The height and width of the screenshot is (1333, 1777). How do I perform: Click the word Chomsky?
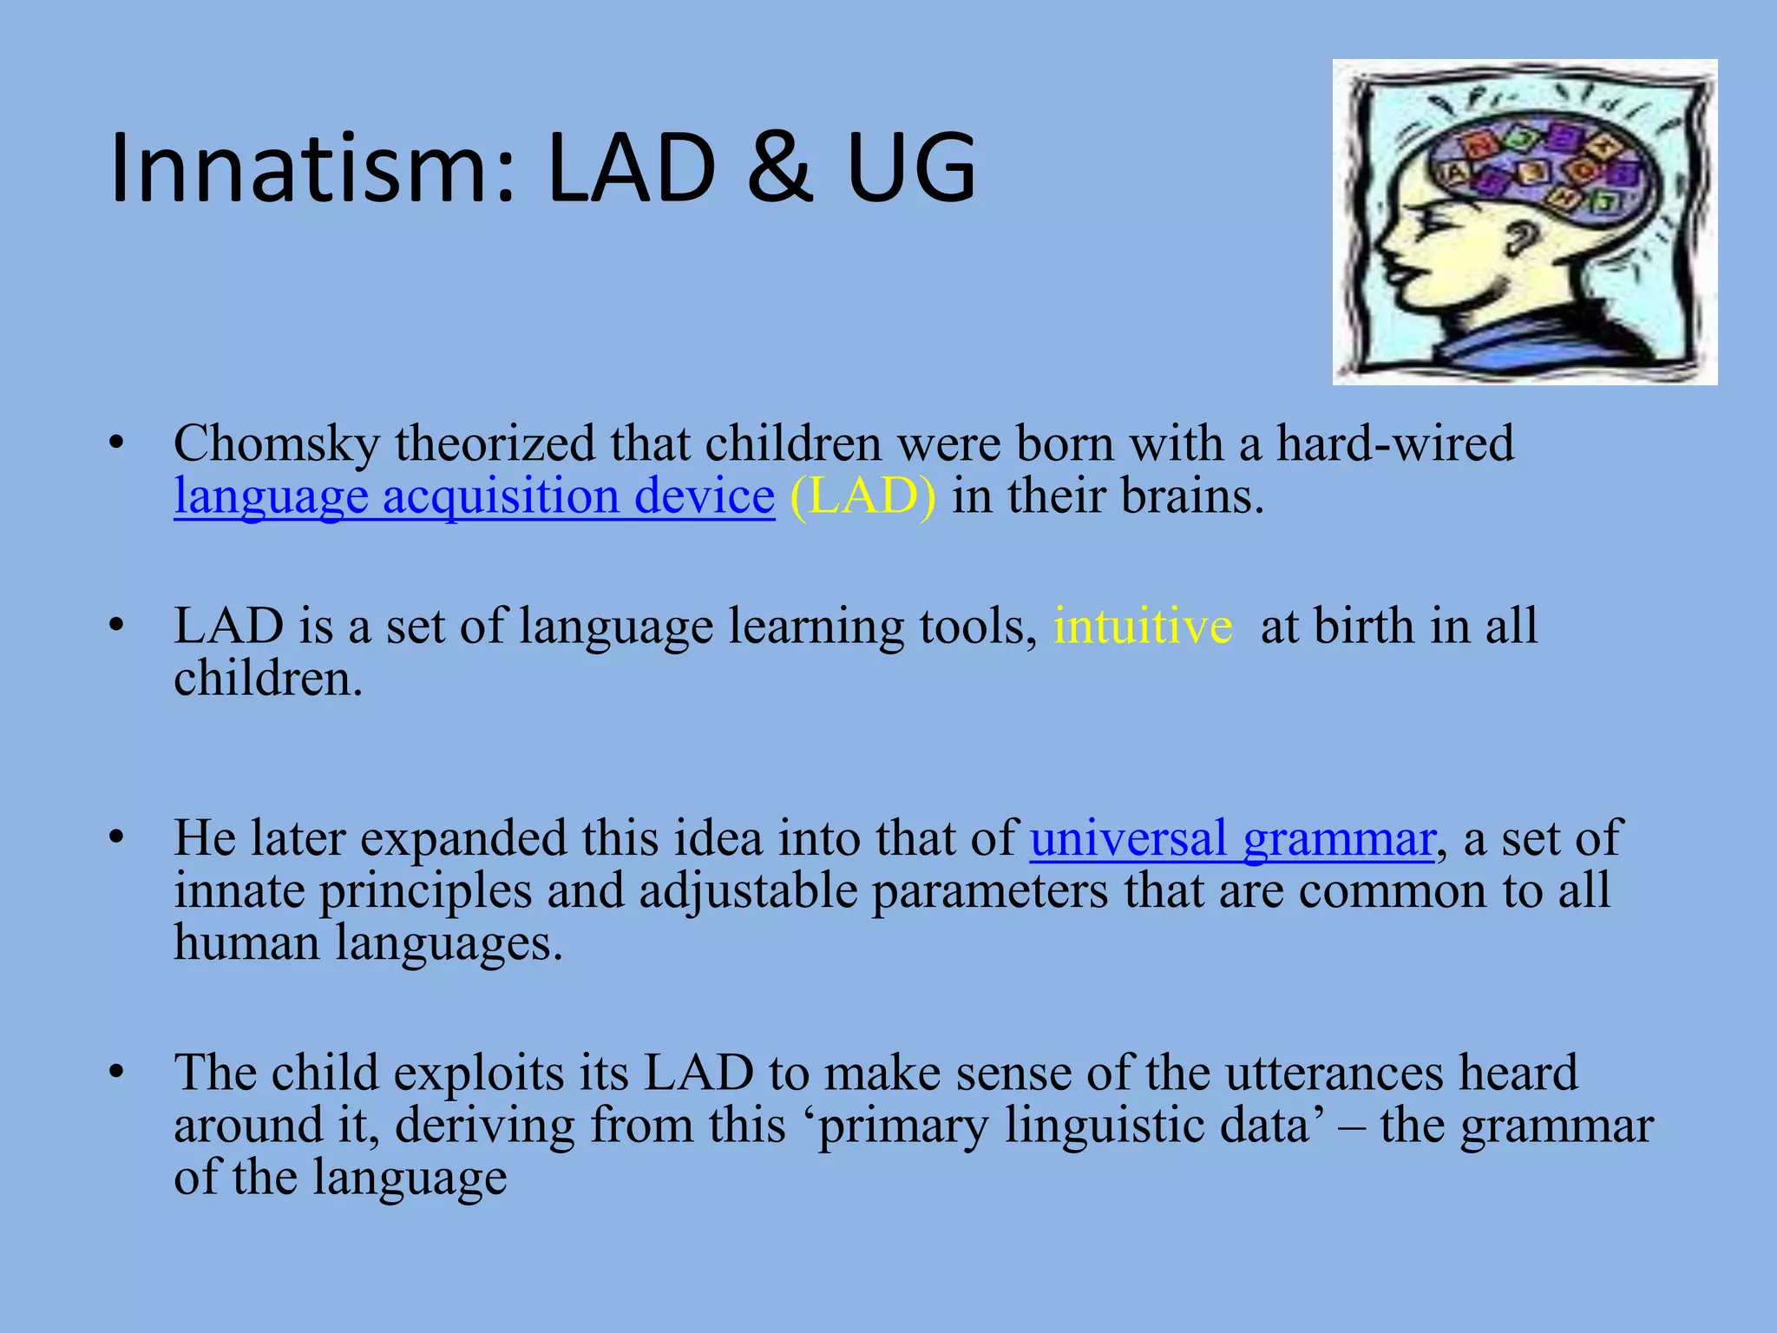point(276,444)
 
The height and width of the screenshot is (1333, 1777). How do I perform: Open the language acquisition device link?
point(474,496)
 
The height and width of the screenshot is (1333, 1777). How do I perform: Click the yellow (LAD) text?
point(862,496)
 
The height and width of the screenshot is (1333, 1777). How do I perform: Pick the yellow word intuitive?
point(1142,626)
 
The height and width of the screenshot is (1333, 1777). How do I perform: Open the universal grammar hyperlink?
point(1232,838)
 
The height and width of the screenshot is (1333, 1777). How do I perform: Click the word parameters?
point(989,891)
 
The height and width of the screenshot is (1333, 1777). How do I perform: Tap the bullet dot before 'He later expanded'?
point(116,838)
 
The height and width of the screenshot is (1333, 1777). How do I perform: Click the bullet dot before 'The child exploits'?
point(116,1073)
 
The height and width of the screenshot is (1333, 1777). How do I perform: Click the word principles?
point(425,891)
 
